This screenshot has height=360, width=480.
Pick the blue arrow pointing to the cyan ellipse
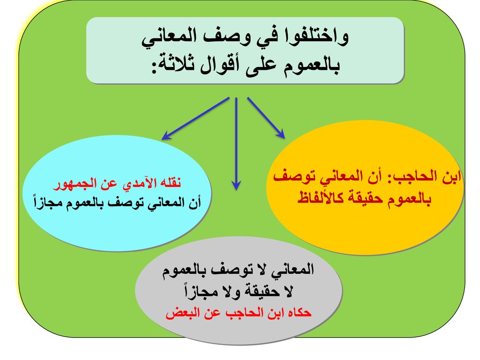click(195, 119)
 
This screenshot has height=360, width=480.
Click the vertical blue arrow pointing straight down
click(236, 144)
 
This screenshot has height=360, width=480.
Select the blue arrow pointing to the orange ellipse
click(266, 118)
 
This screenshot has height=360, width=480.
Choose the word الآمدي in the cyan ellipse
click(138, 183)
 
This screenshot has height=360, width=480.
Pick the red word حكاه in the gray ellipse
click(299, 313)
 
